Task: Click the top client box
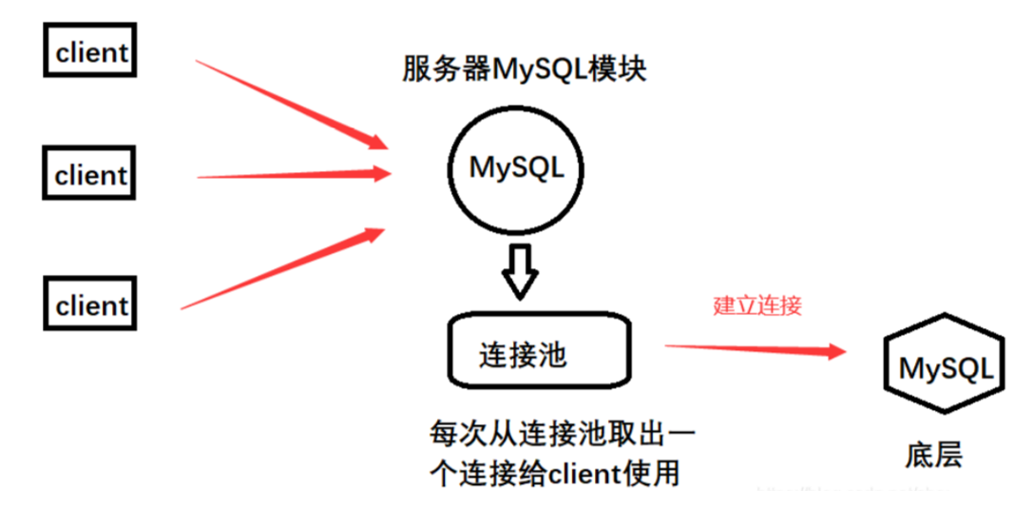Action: point(91,51)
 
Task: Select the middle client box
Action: point(91,174)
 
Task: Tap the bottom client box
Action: point(91,305)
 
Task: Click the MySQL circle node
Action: point(516,169)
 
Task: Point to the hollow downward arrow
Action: point(519,269)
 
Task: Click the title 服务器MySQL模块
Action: point(525,70)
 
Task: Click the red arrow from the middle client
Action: point(295,175)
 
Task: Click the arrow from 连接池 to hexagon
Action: point(755,349)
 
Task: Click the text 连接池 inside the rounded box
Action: point(523,355)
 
